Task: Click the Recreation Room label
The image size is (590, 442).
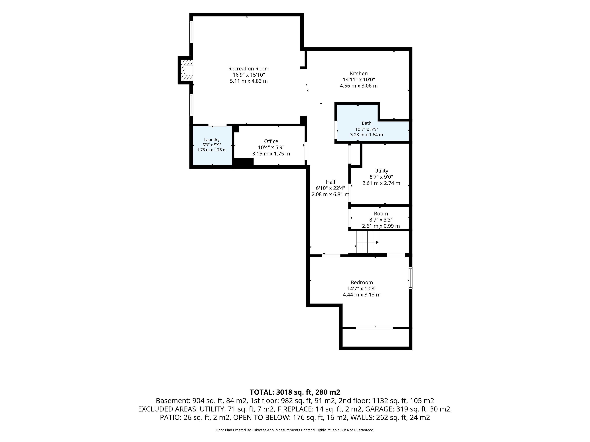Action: [x=249, y=69]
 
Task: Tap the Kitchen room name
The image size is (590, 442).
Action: [x=359, y=74]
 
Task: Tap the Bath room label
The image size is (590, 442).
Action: [x=366, y=123]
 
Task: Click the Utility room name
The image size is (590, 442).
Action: [x=381, y=171]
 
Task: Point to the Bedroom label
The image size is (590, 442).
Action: [x=362, y=282]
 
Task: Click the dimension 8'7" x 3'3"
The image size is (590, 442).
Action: [x=381, y=220]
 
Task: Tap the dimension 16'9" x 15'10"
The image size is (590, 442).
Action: [x=249, y=75]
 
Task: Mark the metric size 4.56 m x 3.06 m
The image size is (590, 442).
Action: [x=359, y=86]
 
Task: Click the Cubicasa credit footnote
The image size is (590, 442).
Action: [x=295, y=430]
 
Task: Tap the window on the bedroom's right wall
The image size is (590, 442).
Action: [x=411, y=278]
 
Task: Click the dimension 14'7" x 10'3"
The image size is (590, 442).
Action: [x=362, y=289]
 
